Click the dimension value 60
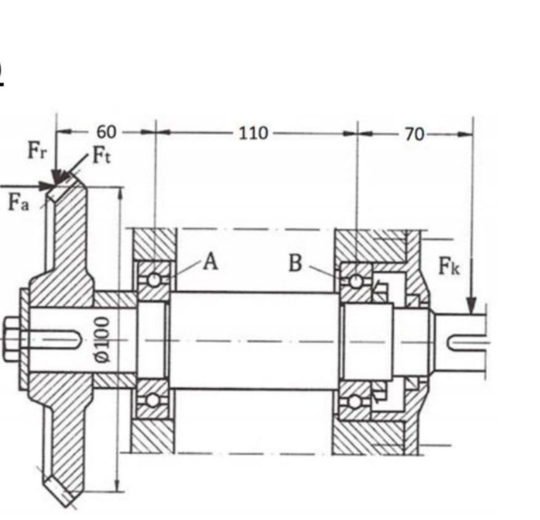point(106,132)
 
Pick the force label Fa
point(19,202)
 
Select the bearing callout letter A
point(210,262)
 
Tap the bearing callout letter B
point(296,263)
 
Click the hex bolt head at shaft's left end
point(13,339)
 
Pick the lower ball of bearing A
point(152,400)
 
